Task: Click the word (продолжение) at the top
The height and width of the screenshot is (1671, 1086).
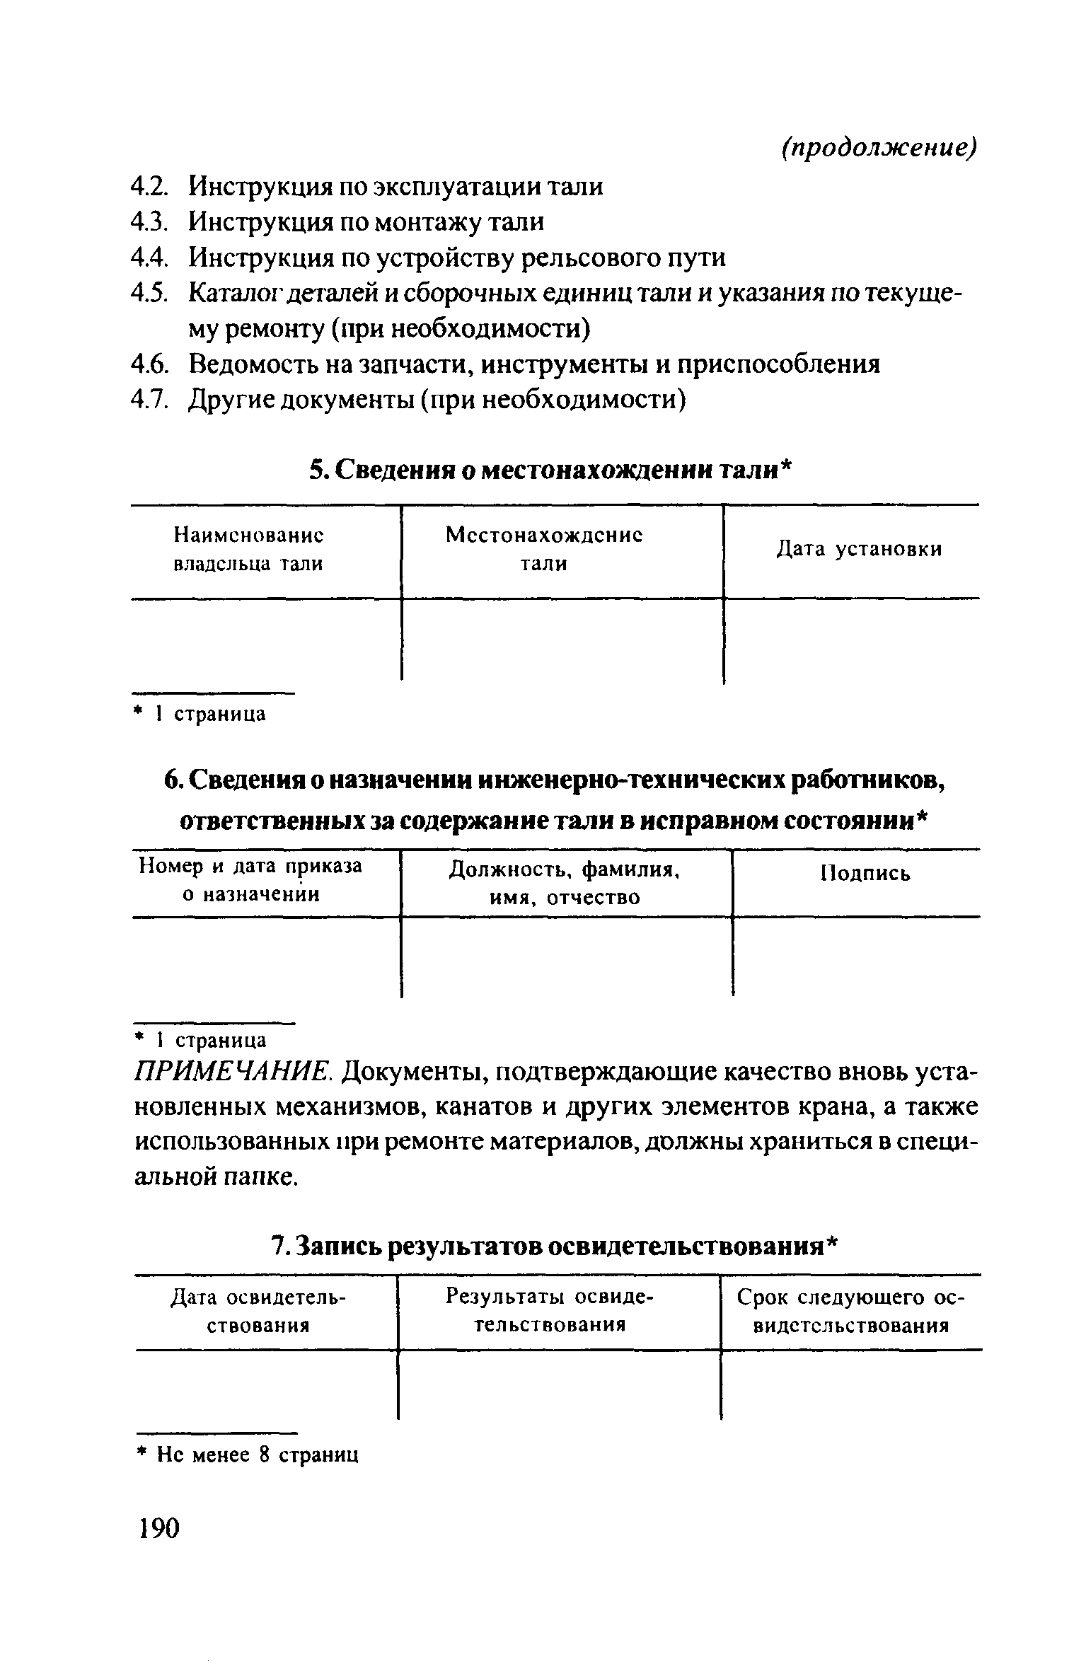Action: (x=879, y=148)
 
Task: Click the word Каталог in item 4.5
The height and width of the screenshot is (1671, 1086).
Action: (x=231, y=294)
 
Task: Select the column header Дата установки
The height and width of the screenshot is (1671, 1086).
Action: (x=860, y=550)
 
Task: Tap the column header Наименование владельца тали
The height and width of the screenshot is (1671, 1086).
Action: (x=248, y=550)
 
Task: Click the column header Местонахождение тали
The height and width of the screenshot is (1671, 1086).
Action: (x=544, y=550)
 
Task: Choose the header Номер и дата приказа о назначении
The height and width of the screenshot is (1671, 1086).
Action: (x=250, y=881)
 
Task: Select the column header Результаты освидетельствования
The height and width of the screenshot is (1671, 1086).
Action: (x=550, y=1311)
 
